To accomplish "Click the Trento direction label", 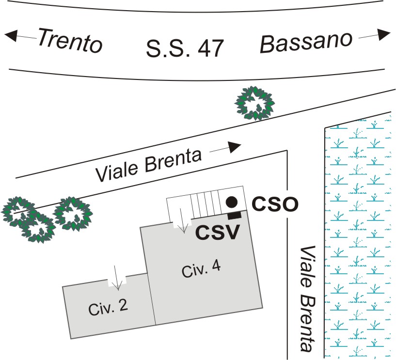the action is coord(70,41).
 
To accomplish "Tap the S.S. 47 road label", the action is coord(185,48).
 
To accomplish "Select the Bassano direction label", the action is coord(306,42).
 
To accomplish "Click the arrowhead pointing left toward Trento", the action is coord(11,35).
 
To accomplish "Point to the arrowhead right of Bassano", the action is coord(384,34).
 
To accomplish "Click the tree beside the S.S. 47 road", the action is coord(254,103).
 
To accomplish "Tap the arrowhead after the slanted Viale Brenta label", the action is coord(235,147).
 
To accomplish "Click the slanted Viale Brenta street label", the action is coord(148,165).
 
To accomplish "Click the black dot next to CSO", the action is coord(232,202).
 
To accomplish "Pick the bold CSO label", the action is coord(275,204).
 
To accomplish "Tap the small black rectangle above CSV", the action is coord(235,216).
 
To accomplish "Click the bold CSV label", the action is coord(218,232).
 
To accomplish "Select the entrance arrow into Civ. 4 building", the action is coord(183,220).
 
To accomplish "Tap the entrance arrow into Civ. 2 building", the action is coord(117,277).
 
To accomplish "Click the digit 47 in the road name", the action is coord(211,48).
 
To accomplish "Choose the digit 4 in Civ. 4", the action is coord(215,267).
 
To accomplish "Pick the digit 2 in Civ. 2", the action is coord(123,305).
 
